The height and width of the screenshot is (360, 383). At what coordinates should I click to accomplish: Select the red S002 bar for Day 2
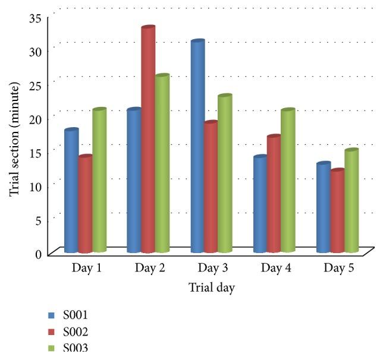[147, 140]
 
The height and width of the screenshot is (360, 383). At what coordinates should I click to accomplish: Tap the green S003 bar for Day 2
[162, 164]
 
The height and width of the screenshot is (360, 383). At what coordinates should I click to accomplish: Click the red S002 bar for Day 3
[211, 188]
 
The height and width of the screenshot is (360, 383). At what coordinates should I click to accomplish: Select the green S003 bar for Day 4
[288, 181]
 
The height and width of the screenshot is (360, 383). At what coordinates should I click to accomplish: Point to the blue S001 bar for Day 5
[324, 208]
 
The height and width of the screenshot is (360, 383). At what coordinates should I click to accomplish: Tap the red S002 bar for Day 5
[337, 211]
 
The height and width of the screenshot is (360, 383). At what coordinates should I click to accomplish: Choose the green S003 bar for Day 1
[99, 181]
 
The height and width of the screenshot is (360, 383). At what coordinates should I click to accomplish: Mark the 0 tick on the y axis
[38, 254]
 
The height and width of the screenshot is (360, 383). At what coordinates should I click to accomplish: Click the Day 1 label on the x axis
[87, 268]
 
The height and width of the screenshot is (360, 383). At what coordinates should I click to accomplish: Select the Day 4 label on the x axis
[275, 268]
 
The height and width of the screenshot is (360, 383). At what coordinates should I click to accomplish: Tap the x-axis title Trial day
[212, 288]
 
